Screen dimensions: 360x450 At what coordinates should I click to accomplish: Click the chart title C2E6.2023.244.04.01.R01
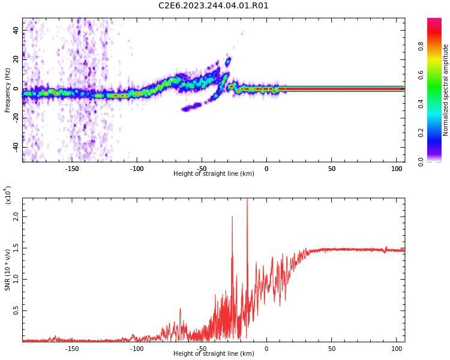(x=214, y=6)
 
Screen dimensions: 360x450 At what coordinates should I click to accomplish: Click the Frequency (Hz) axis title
(x=8, y=90)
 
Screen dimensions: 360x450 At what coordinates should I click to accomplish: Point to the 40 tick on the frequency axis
(x=15, y=31)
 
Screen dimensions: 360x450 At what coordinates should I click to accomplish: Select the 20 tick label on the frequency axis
(x=15, y=60)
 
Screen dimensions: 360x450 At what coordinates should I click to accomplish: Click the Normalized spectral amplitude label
(x=446, y=90)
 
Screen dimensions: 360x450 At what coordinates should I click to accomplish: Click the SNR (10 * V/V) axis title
(x=8, y=270)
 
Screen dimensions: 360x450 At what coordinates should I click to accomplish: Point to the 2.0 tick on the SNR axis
(x=16, y=216)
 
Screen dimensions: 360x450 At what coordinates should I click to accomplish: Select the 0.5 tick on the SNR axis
(x=16, y=310)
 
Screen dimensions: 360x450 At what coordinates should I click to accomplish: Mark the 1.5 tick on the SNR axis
(x=16, y=247)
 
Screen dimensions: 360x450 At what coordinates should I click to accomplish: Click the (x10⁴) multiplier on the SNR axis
(x=8, y=195)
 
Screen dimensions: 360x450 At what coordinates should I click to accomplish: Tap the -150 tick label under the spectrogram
(x=71, y=169)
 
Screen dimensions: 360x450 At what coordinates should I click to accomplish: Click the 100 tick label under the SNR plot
(x=397, y=349)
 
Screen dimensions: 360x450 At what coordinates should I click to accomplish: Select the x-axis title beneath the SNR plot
(x=214, y=354)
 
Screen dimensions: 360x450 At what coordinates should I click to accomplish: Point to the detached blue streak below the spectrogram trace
(x=193, y=107)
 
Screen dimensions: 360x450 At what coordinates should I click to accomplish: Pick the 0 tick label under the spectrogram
(x=266, y=169)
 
